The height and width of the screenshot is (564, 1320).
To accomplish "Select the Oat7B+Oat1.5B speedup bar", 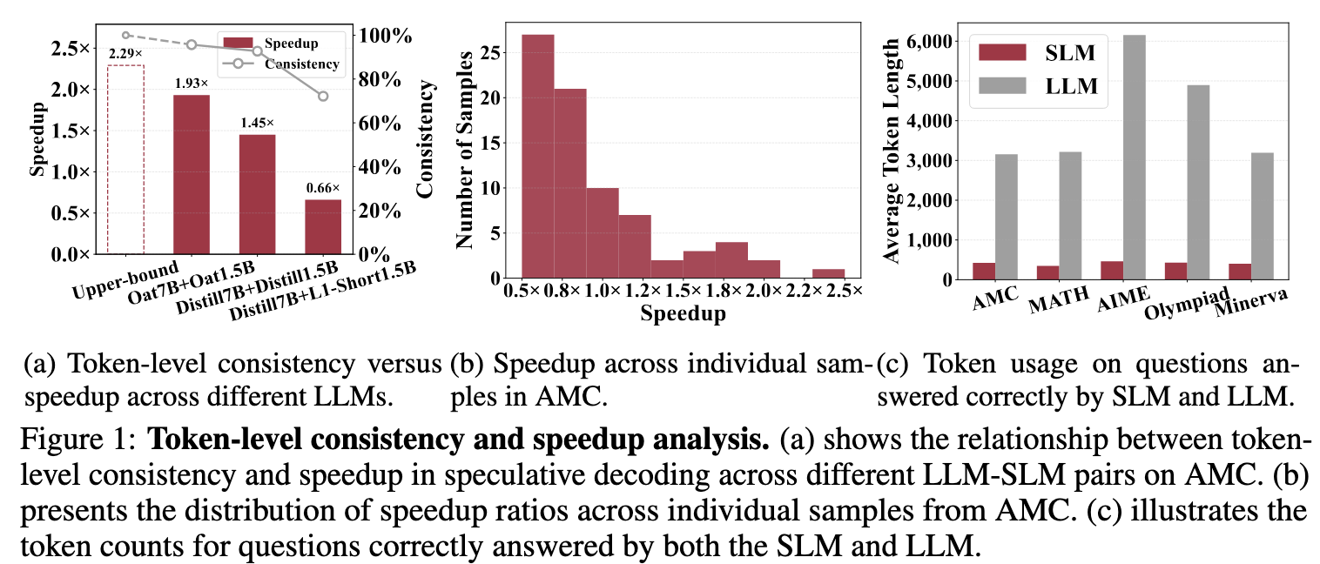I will (x=191, y=174).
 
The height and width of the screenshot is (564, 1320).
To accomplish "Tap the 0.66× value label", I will (x=322, y=188).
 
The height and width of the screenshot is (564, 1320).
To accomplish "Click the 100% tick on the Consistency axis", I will (x=384, y=37).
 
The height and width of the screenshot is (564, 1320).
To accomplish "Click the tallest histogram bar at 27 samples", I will (x=537, y=156).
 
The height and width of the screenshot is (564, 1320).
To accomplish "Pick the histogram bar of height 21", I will (x=570, y=183).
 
